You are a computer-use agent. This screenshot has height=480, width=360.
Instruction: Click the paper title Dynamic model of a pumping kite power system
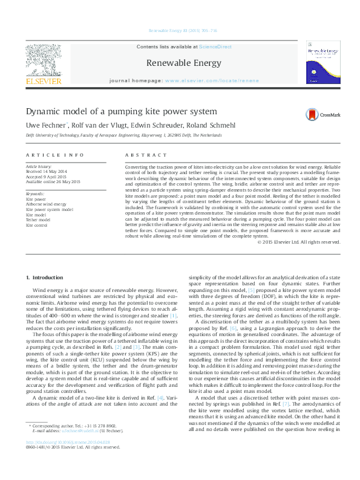click(x=121, y=111)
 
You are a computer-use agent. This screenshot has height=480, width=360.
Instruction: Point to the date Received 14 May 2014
click(x=46, y=170)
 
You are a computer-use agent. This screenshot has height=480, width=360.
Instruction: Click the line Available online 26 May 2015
click(x=51, y=179)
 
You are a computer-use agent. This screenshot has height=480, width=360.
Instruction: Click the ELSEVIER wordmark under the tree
click(x=42, y=81)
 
